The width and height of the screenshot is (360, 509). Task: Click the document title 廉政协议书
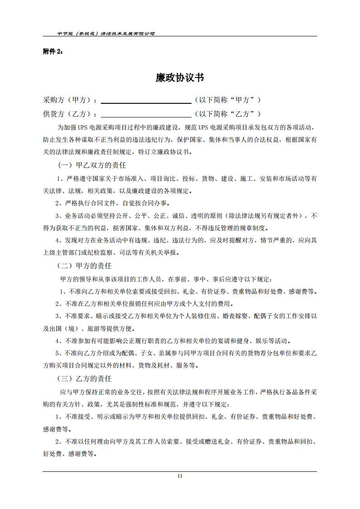pyautogui.click(x=180, y=78)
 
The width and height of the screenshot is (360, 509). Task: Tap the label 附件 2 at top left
pyautogui.click(x=53, y=51)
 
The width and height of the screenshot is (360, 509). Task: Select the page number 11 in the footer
pyautogui.click(x=180, y=475)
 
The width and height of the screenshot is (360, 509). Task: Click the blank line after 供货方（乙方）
pyautogui.click(x=146, y=114)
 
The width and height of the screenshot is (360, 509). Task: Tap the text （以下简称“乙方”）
pyautogui.click(x=228, y=114)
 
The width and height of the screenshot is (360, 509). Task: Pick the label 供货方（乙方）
pyautogui.click(x=70, y=114)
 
